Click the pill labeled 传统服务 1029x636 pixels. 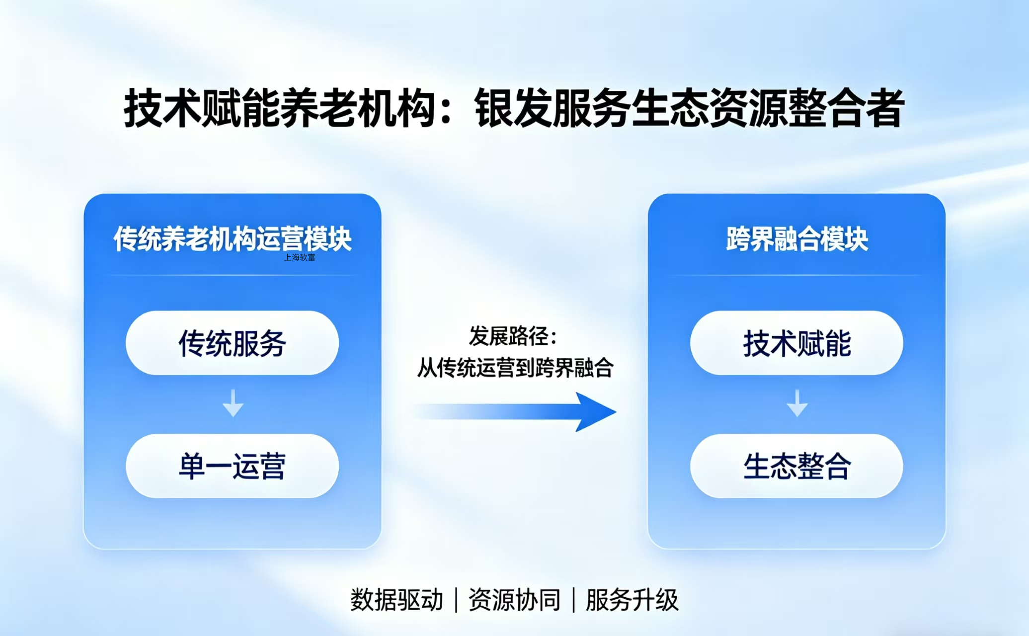tap(232, 343)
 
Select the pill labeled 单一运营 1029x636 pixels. tap(232, 466)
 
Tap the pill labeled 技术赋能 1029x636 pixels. tap(796, 343)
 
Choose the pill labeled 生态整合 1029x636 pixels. tap(796, 466)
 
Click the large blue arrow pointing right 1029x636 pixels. tap(514, 412)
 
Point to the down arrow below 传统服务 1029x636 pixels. tap(233, 403)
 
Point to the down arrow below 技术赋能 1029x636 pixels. tap(797, 403)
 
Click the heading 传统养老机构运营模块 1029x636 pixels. tap(233, 239)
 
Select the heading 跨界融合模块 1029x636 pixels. tap(797, 239)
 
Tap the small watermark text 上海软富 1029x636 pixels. tap(300, 257)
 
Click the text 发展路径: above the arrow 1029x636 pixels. tap(513, 336)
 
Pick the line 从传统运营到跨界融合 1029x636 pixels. tap(515, 368)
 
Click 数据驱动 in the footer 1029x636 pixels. tap(396, 600)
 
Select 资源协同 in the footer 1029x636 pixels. tap(514, 600)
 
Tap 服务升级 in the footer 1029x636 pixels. tap(632, 600)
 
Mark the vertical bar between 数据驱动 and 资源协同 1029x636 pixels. tap(456, 600)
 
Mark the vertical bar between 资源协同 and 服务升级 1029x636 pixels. tap(573, 600)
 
